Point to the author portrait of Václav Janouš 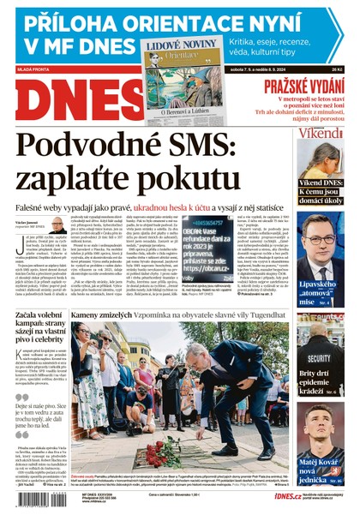[x=57, y=225]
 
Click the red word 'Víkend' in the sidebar [x=321, y=133]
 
